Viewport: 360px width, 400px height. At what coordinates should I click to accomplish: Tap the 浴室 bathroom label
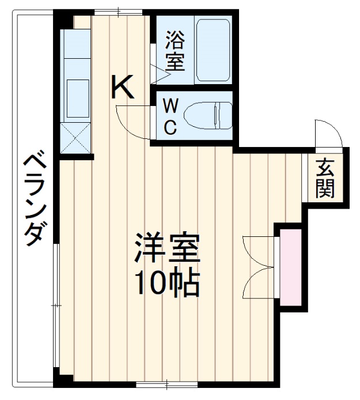(x=175, y=51)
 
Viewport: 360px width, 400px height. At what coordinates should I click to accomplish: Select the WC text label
(x=170, y=117)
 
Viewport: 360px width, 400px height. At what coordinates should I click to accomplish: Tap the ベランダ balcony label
(x=34, y=199)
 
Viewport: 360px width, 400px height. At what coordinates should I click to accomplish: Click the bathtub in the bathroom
(x=213, y=50)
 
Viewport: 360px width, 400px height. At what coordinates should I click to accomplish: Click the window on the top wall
(x=119, y=11)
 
